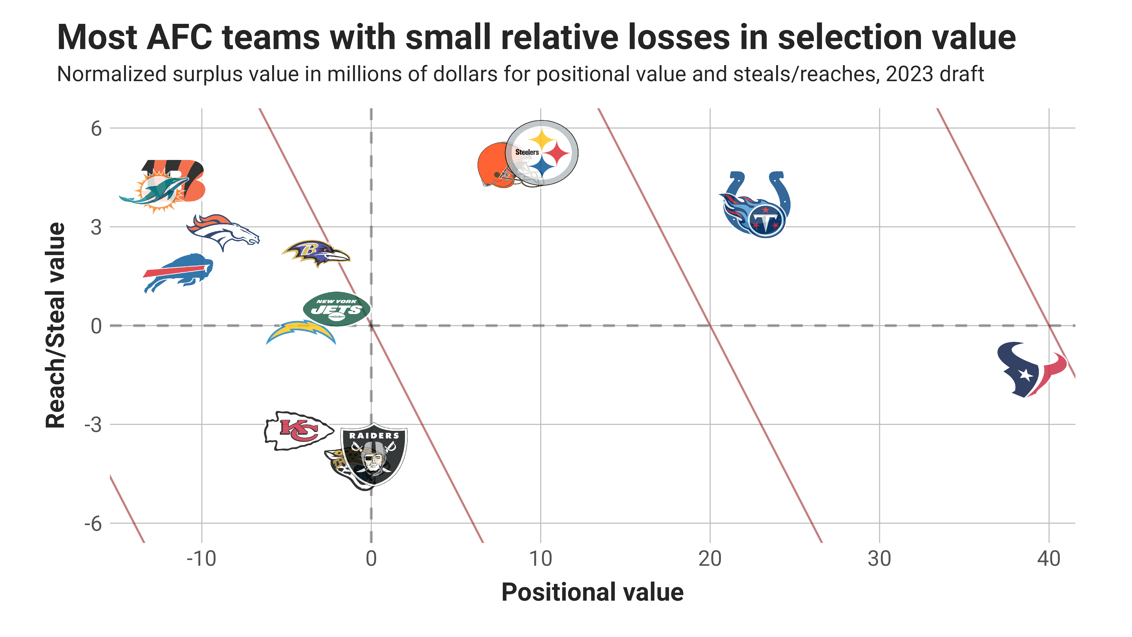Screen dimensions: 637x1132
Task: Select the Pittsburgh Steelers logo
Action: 542,153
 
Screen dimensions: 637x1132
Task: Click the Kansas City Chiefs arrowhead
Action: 298,431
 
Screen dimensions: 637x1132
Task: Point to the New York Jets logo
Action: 337,309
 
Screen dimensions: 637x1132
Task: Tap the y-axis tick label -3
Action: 93,425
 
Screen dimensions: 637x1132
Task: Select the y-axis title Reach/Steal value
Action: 56,325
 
